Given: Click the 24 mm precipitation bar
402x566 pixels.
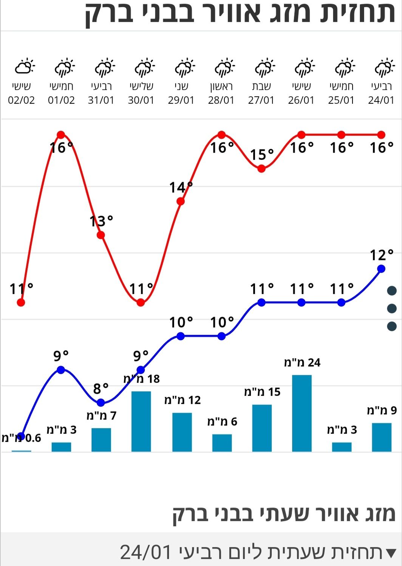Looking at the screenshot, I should [302, 413].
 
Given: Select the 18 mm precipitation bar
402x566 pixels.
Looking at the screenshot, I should [141, 421].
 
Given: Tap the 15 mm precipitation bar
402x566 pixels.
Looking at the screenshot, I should [262, 428].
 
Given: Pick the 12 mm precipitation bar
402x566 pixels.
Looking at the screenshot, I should [182, 432].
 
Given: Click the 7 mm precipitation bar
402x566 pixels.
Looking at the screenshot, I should [101, 440].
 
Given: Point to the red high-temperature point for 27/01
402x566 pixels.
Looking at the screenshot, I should [261, 169].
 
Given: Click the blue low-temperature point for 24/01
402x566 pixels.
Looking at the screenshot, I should [381, 269].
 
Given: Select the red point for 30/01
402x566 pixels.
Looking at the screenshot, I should [141, 302].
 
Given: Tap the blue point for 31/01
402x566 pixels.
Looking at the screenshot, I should [100, 403].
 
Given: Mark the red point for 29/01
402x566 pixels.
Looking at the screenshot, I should [181, 201].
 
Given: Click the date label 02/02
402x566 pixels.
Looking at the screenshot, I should [22, 100].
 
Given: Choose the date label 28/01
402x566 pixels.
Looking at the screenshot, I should [221, 100].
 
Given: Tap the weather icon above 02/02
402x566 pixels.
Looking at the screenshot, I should [24, 67].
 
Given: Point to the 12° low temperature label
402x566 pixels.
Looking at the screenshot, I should [382, 255].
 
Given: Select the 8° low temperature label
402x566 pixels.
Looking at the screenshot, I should [101, 388].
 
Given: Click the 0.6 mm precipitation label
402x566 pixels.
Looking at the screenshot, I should [22, 438].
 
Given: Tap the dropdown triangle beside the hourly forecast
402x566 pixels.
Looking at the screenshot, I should [391, 553].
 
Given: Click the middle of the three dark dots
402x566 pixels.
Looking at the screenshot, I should [392, 309].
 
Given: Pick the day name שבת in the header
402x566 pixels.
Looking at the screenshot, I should [261, 86].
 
